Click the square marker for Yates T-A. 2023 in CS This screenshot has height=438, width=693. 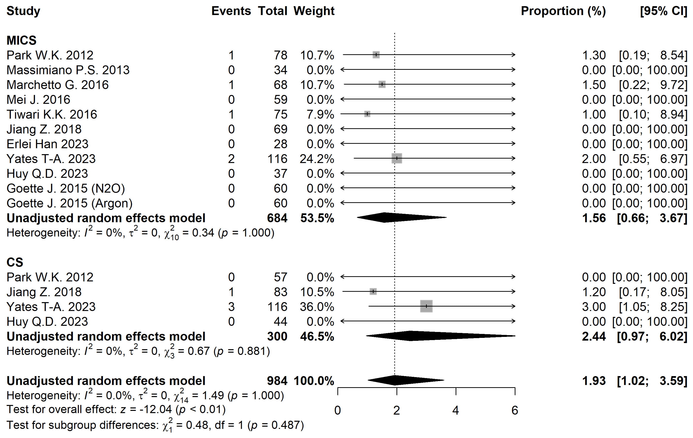[426, 306]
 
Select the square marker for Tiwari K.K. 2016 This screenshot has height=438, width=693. [367, 114]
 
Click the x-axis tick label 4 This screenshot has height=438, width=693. [456, 410]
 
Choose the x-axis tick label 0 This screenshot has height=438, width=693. [338, 410]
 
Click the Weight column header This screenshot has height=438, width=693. [314, 11]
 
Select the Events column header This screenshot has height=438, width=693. [231, 11]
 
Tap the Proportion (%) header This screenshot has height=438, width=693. [563, 11]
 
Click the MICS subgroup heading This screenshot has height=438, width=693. [22, 40]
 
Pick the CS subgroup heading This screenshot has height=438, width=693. [15, 262]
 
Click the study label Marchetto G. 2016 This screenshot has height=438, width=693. [58, 85]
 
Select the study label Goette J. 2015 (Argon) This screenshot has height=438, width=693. [69, 203]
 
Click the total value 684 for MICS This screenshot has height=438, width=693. [277, 218]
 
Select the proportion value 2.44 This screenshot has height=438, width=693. [594, 336]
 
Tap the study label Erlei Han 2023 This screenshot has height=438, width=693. [48, 144]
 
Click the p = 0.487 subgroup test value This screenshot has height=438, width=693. [276, 425]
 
